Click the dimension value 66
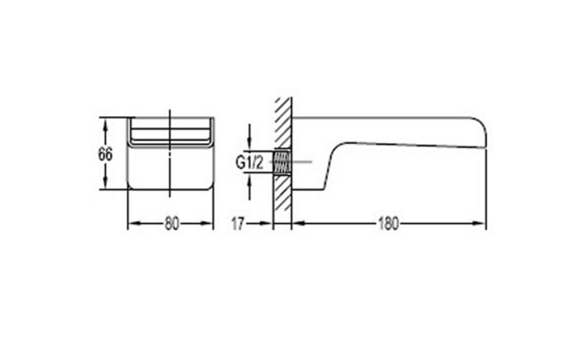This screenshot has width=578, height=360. pos(106,154)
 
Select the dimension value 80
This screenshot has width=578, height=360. pos(172,224)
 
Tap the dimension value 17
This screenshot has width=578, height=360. pos(238,224)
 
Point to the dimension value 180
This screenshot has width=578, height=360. pos(389,224)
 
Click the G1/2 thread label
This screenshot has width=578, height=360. pos(250,162)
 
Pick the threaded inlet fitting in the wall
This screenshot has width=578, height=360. pos(282,162)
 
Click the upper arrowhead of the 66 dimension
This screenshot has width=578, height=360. pos(106,124)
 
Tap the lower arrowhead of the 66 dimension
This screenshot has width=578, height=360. pos(106,184)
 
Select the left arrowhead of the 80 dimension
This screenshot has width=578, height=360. pos(134,223)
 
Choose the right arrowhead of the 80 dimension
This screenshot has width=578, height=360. pos(207,223)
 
